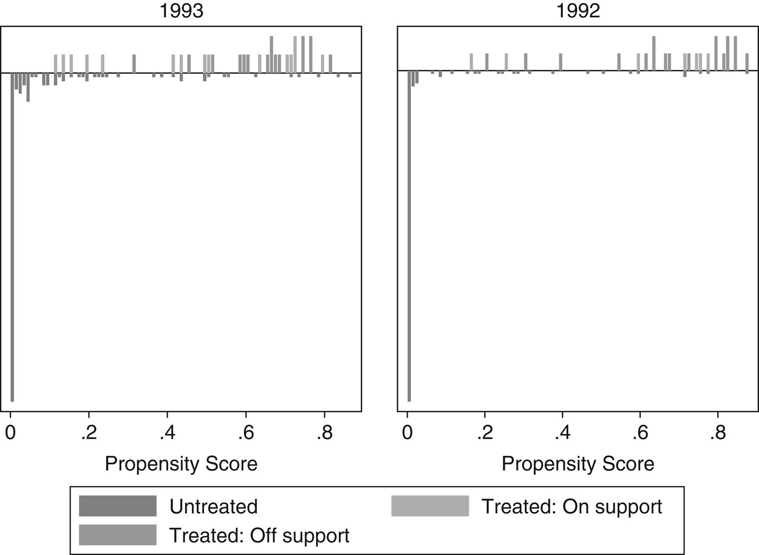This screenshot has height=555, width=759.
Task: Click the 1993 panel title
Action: click(x=181, y=11)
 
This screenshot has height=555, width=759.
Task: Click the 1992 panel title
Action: click(x=578, y=11)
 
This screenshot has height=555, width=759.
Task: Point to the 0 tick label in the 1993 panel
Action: click(x=10, y=434)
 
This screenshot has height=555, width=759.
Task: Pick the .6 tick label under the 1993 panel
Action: click(x=245, y=434)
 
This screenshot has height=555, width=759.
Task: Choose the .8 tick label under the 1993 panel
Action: click(x=324, y=434)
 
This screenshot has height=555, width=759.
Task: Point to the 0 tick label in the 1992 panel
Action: click(x=407, y=434)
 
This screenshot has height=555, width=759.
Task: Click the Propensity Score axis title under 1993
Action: click(x=181, y=464)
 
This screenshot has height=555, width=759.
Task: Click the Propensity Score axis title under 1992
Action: click(x=578, y=464)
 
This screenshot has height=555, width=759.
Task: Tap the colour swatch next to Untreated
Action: click(x=118, y=506)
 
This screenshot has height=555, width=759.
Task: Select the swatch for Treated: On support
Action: click(x=430, y=506)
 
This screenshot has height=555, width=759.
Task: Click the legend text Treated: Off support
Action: click(x=259, y=535)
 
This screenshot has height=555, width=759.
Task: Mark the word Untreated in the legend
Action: click(x=213, y=506)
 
